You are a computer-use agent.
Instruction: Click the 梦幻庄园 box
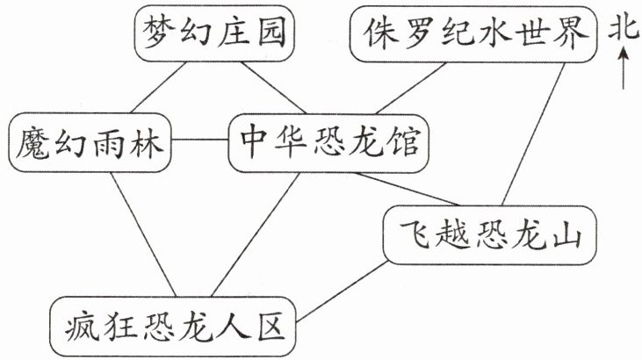214,33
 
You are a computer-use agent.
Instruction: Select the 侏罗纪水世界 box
473,33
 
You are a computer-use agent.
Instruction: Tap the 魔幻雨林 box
90,142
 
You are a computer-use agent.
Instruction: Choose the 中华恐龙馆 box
328,143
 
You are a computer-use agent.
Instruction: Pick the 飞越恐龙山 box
490,235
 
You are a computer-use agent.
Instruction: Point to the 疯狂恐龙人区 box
172,327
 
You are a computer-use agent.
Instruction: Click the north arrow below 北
624,68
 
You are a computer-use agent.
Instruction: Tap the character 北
624,28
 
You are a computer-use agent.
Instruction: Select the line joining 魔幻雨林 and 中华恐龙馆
200,140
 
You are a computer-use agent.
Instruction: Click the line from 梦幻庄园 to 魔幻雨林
158,87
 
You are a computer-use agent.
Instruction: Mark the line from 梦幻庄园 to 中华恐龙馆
273,88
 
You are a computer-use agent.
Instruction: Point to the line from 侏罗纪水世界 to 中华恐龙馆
411,88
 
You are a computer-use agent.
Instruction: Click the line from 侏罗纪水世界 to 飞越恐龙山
533,134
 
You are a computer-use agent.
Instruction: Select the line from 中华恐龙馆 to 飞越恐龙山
406,189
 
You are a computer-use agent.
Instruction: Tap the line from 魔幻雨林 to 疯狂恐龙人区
143,234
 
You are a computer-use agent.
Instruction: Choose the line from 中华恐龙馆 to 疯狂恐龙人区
256,234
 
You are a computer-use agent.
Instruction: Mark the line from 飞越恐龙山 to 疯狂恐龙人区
342,292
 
